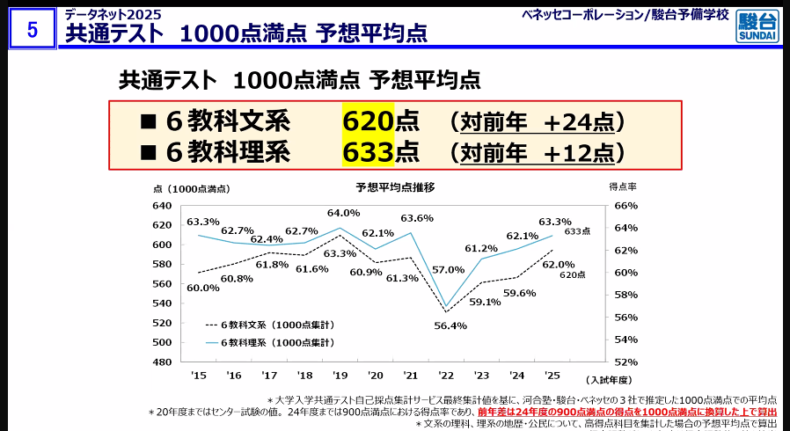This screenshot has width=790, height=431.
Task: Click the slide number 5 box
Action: (33, 29)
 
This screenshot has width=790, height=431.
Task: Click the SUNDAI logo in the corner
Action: (757, 26)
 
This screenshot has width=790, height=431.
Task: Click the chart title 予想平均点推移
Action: (395, 187)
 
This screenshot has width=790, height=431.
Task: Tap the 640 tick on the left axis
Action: (162, 206)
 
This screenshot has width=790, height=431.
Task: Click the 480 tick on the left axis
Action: (162, 362)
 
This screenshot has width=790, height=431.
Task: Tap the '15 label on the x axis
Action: (198, 375)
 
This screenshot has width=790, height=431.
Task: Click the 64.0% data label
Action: (343, 213)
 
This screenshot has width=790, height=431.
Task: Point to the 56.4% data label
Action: (450, 325)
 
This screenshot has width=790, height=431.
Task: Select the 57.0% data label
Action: (448, 269)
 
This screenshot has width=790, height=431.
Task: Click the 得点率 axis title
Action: (623, 187)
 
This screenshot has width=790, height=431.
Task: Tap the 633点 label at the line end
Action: (577, 231)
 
